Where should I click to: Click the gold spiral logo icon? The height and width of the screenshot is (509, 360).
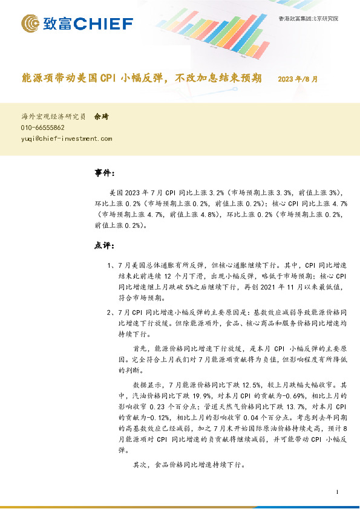coord(31,24)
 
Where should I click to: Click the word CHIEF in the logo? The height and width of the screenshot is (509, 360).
coord(104,24)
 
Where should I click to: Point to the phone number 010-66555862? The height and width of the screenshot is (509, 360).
coord(43,128)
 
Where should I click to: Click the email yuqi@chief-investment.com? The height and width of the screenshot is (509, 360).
coord(67,138)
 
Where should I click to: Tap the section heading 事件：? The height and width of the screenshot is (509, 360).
coord(105,173)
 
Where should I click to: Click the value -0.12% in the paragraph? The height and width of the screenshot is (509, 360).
coord(152,417)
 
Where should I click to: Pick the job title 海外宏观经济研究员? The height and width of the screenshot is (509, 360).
coord(53,117)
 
